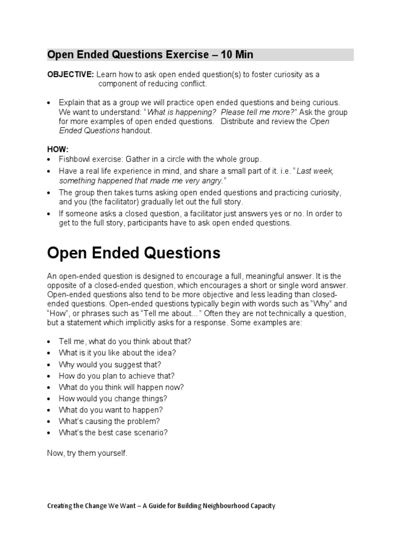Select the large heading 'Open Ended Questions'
pos(134,253)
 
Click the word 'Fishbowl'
pos(75,159)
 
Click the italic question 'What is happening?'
pos(181,112)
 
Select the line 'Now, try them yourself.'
pos(87,453)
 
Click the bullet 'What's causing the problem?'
pos(110,421)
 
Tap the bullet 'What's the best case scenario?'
pos(113,433)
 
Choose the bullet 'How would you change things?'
pos(113,398)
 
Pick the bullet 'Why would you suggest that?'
pos(110,364)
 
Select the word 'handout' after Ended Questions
pos(136,131)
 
